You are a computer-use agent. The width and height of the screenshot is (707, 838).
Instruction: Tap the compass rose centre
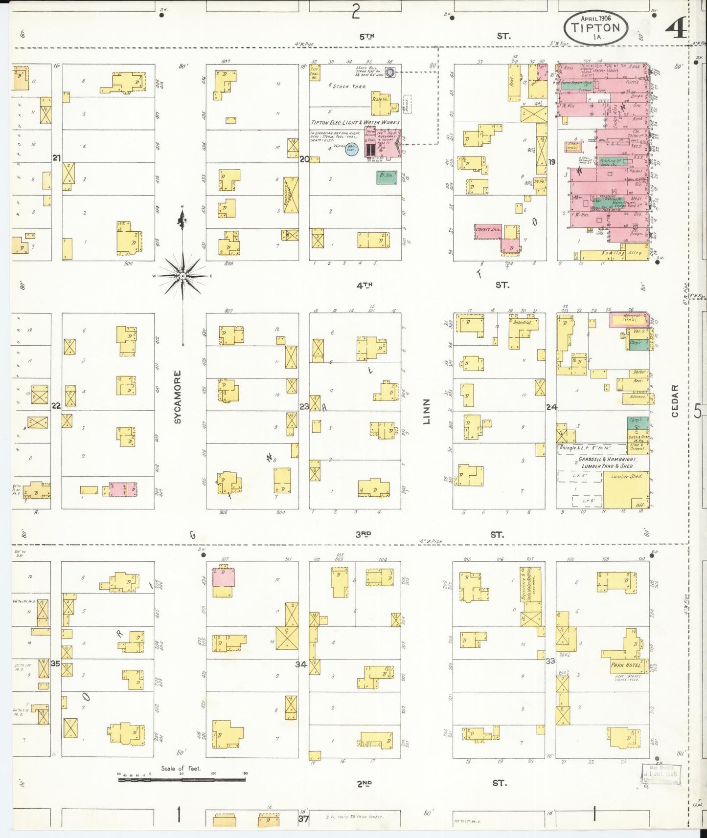click(x=182, y=276)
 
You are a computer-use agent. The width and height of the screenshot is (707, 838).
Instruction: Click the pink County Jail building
click(x=488, y=232)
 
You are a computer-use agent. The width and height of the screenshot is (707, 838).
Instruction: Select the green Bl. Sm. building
click(x=387, y=177)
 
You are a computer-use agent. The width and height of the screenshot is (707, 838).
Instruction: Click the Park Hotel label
click(x=626, y=665)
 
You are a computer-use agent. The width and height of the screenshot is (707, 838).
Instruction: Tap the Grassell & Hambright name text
click(x=607, y=460)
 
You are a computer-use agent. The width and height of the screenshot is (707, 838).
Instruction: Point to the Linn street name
click(x=427, y=411)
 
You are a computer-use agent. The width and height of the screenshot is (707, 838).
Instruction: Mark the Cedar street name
click(x=675, y=401)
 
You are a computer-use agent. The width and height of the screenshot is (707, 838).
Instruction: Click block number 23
click(x=304, y=406)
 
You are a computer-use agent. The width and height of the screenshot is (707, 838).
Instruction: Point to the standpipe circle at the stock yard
click(x=390, y=73)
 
